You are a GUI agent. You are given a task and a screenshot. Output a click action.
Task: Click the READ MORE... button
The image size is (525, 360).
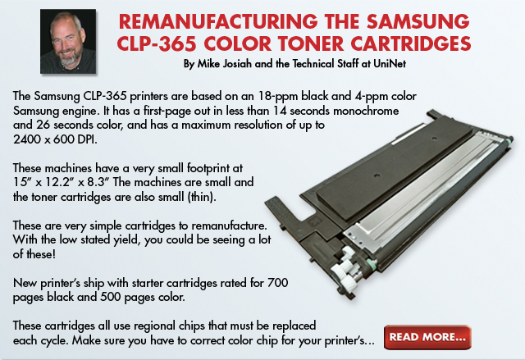(x=427, y=337)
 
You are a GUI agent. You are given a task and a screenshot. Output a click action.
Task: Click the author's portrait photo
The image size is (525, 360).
(x=68, y=41)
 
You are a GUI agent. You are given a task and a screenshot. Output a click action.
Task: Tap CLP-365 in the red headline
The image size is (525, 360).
(x=157, y=44)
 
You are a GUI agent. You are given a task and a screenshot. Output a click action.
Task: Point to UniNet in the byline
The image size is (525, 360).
(x=390, y=64)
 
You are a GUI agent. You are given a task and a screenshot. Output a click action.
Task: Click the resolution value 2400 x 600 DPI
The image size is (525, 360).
(x=55, y=139)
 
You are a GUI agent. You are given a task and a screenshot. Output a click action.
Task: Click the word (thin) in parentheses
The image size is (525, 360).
(x=202, y=197)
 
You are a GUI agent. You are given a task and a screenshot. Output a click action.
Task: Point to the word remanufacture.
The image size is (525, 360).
(x=229, y=226)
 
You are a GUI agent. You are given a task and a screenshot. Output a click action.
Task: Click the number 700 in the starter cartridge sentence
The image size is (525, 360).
(x=278, y=283)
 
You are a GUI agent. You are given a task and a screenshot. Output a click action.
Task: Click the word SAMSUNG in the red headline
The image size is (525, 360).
(x=418, y=22)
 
